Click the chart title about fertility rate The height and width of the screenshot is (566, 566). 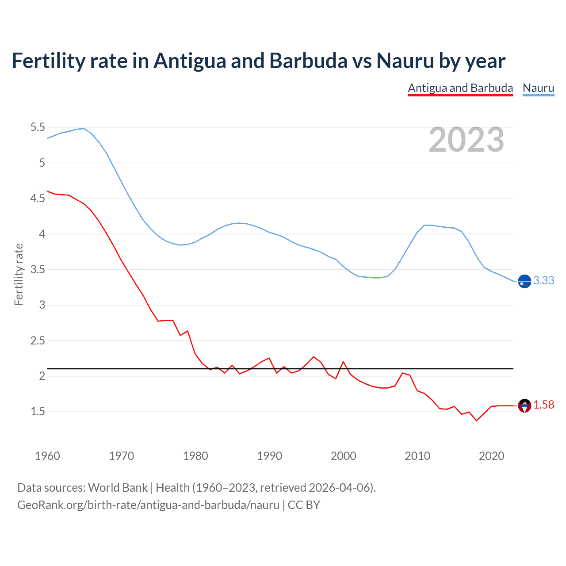[258, 61]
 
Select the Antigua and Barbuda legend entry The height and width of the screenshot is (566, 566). [460, 88]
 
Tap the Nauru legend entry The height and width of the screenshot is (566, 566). [538, 88]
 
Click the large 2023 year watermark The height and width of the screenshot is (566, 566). [466, 140]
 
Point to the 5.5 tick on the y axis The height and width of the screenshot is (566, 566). [38, 127]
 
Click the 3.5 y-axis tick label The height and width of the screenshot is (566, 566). [38, 269]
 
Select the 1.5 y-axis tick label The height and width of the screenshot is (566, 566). [38, 412]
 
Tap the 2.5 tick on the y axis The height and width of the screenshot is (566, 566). [38, 340]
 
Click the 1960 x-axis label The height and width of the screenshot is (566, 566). [47, 456]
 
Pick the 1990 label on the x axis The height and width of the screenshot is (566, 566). [269, 456]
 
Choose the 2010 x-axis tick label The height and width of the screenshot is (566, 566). [417, 456]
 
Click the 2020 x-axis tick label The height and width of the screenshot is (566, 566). [491, 456]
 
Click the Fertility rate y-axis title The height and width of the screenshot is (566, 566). [19, 274]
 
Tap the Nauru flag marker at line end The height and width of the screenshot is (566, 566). [524, 281]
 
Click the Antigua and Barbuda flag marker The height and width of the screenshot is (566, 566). [524, 405]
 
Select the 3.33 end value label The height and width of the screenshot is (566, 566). [543, 281]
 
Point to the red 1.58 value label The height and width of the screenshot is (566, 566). [543, 405]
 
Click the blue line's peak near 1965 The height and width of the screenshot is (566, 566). [84, 128]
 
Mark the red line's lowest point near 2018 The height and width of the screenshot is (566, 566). [476, 421]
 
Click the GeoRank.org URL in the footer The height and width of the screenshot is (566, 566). [148, 505]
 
